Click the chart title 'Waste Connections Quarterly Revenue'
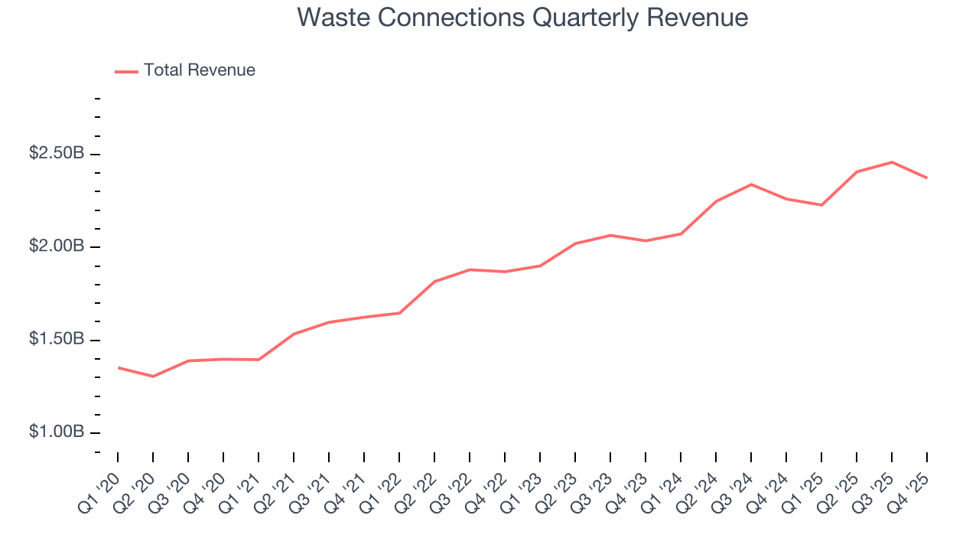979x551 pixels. point(522,18)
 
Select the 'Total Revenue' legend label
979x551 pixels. point(199,70)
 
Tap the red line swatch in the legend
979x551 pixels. point(126,71)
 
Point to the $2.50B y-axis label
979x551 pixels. point(57,154)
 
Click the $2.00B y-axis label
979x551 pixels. point(57,246)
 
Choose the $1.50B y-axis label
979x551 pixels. point(57,339)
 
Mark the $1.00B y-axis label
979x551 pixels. point(57,432)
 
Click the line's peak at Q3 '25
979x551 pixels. point(892,162)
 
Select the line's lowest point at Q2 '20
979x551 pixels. point(153,377)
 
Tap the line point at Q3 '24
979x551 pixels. point(751,184)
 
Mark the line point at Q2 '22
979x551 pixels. point(434,282)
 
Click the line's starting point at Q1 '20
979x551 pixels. point(118,368)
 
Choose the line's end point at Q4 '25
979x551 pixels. point(927,178)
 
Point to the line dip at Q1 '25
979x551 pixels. point(821,205)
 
